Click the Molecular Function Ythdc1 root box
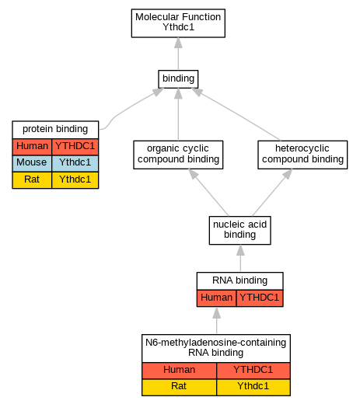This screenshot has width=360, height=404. pos(178,23)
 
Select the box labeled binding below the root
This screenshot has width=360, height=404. pos(178,79)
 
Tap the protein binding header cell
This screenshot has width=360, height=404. pos(55,130)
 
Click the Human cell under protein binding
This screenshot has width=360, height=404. pos(32,147)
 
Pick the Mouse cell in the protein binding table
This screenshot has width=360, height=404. pos(32,163)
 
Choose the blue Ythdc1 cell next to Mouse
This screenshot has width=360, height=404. pos(75,163)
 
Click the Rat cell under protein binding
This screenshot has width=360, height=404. pos(32,180)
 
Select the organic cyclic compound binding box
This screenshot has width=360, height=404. pos(178,155)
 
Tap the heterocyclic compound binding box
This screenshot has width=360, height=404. pos(302,155)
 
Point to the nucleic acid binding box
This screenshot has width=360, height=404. pos(240,230)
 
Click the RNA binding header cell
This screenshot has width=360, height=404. pos(240,280)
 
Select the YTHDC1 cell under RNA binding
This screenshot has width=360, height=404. pos(260,298)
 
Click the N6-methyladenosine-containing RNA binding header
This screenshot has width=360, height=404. pos(216,348)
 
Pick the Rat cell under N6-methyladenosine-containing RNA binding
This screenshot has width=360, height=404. pos(179,387)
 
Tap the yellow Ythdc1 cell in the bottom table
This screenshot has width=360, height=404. pos(253,387)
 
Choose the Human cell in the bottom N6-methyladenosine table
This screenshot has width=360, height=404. pos(179,371)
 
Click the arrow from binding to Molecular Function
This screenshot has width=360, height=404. pos(178,54)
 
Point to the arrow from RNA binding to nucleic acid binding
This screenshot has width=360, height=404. pos(240,258)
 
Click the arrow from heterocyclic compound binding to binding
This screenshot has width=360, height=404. pos(236,114)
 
